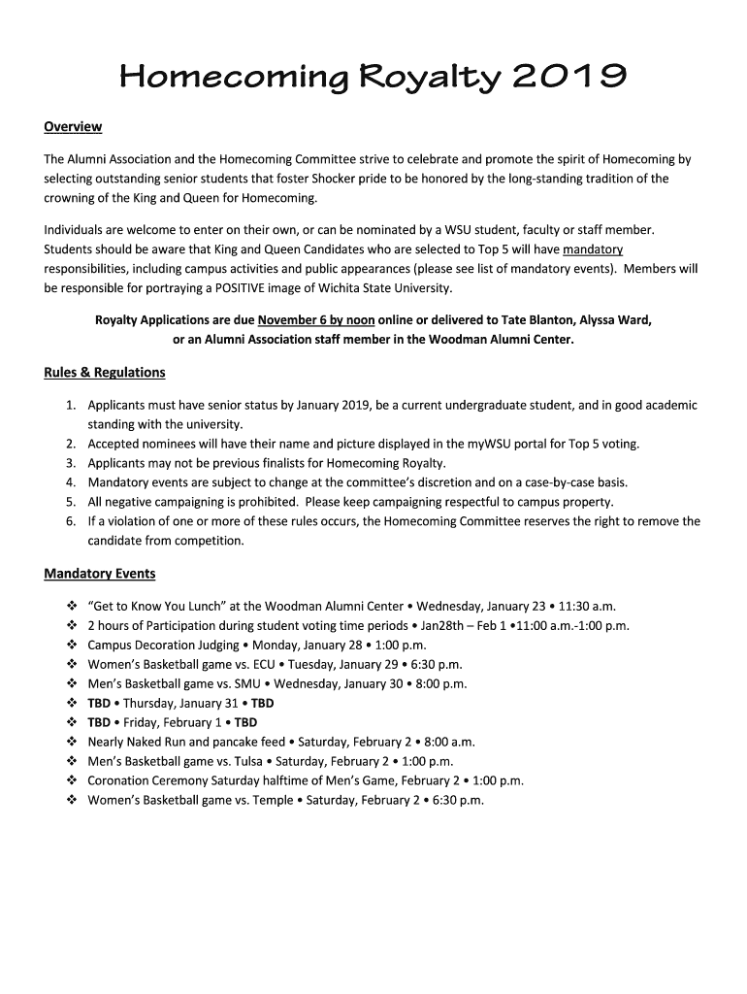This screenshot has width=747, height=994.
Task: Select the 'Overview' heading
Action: tap(73, 127)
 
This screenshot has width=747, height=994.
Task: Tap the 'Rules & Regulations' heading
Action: tap(105, 373)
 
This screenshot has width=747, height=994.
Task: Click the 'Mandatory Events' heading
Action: tap(100, 574)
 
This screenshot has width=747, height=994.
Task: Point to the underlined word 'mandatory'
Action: tap(593, 249)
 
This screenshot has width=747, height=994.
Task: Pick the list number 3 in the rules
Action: tap(71, 463)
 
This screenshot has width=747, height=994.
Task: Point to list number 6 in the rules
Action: tap(71, 521)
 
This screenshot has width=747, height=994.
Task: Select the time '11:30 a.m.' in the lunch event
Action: tap(586, 606)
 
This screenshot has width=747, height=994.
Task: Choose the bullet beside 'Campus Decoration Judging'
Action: tap(72, 645)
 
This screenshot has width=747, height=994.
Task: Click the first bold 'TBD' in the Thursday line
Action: tap(99, 703)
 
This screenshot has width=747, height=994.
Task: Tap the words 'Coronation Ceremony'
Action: tap(141, 780)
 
